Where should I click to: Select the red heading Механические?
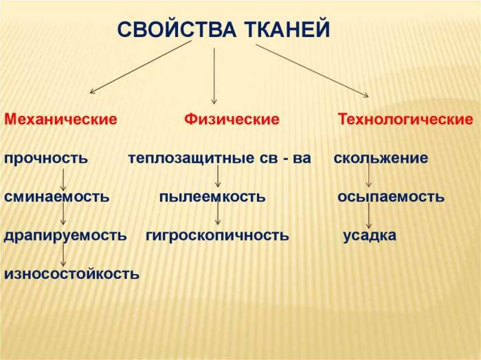pos(60,120)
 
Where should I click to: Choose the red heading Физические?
pos(232,120)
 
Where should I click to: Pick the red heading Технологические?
pos(405,120)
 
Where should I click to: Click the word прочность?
pos(46,159)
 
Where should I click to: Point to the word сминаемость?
pos(57,197)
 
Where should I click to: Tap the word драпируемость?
pos(65,236)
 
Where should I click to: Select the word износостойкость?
pos(71,274)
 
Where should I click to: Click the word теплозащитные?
pos(183,159)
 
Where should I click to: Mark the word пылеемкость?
pos(212,197)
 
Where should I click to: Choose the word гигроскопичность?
pos(217,236)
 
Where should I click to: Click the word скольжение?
pos(381,159)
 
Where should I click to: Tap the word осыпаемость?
pos(390,197)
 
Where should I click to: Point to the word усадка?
pos(370,236)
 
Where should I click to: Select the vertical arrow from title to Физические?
pos(214,76)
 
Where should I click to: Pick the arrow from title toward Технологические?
pos(312,71)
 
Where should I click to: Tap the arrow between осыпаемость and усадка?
pos(369,216)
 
